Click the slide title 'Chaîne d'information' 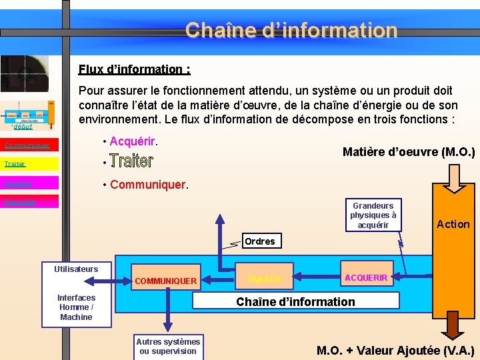click(291, 30)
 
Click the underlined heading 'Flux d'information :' click(135, 69)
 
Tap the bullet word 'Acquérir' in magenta click(133, 141)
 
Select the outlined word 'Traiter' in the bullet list click(131, 161)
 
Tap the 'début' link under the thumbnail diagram click(23, 126)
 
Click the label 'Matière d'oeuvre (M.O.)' click(408, 152)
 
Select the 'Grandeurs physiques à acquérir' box click(373, 215)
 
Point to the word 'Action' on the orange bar click(453, 224)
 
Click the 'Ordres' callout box click(260, 241)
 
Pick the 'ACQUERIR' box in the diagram click(366, 277)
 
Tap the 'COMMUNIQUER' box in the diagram click(165, 281)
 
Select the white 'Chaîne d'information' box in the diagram click(296, 301)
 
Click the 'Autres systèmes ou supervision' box click(168, 347)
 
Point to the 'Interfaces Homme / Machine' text click(76, 307)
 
